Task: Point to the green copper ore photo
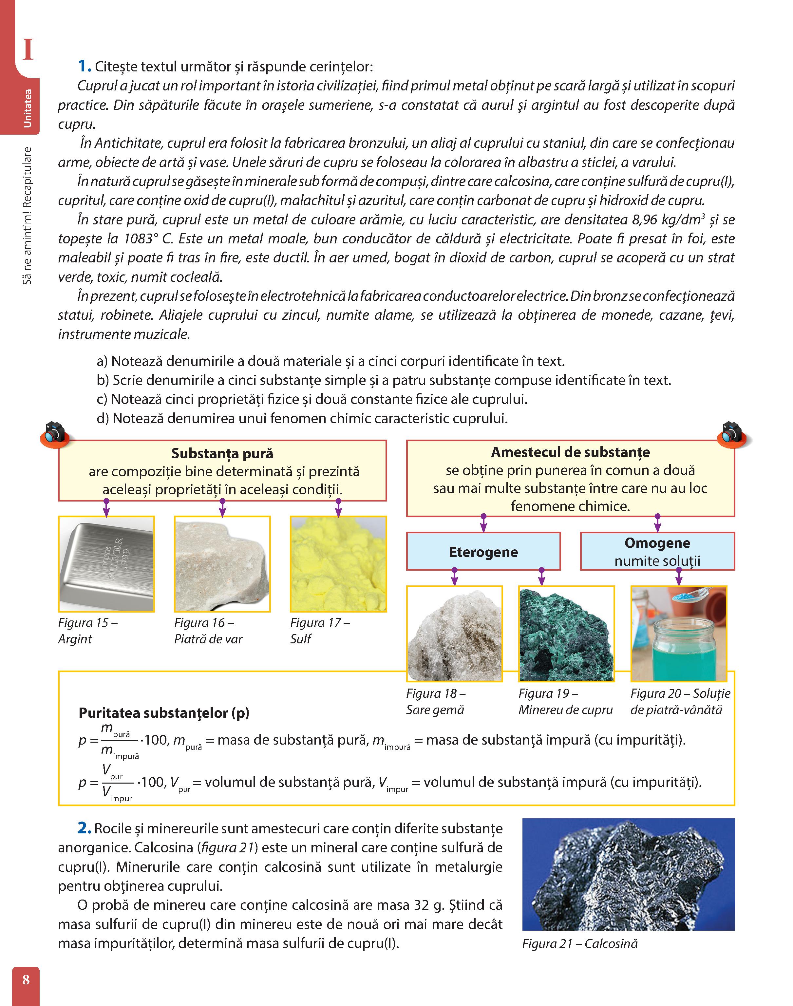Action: click(x=566, y=634)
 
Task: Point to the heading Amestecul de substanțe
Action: click(x=570, y=452)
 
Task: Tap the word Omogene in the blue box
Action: click(x=657, y=543)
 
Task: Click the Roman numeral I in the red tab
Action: click(x=28, y=50)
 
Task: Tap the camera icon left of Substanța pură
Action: click(x=55, y=433)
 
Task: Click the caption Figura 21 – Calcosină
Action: click(x=579, y=943)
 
